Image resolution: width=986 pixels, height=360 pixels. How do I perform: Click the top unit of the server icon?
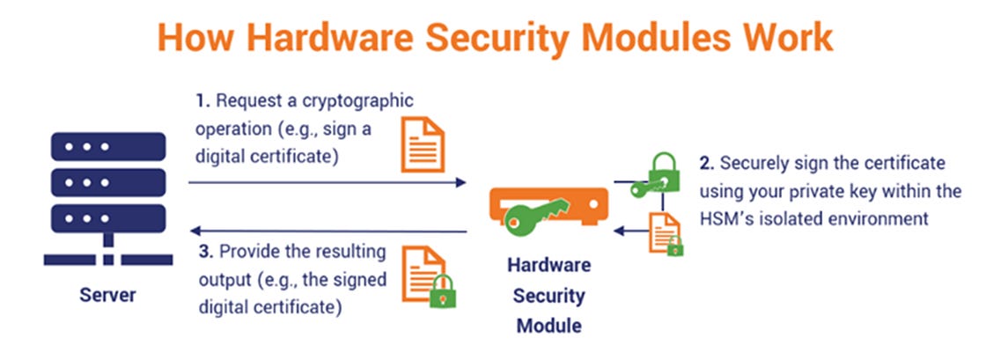tap(108, 146)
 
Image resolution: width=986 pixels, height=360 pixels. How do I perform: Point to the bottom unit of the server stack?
tap(108, 216)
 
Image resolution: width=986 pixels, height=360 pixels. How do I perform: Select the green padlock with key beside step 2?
tap(663, 173)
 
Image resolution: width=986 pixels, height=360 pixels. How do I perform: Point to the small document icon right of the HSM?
tap(665, 233)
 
